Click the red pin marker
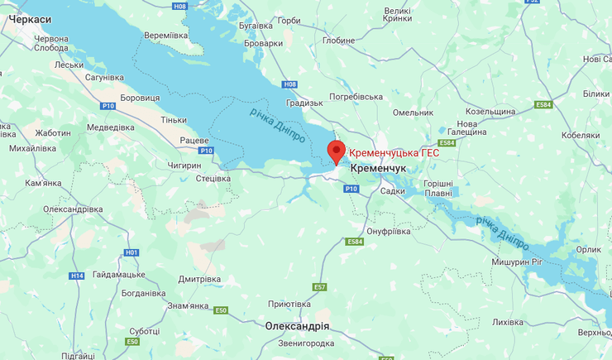[x=336, y=151]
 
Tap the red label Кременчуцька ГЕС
[x=393, y=153]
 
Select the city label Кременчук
[x=378, y=168]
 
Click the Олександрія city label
[x=298, y=325]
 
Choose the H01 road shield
[x=131, y=252]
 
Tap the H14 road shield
[x=77, y=276]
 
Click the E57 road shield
[x=319, y=286]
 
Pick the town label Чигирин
[x=184, y=166]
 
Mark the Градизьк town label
[x=304, y=103]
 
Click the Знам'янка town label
[x=188, y=306]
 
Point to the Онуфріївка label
[x=388, y=231]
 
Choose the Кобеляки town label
[x=580, y=135]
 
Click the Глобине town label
[x=338, y=41]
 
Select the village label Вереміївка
[x=166, y=36]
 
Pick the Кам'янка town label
[x=43, y=183]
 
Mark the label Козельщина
[x=491, y=111]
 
